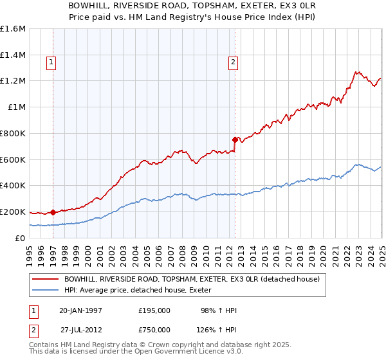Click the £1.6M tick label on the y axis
pos(13,29)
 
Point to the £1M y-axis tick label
pos(17,107)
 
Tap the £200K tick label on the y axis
pos(13,212)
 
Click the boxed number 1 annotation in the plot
pos(51,62)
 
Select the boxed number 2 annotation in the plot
pos(233,62)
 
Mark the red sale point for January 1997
pos(53,212)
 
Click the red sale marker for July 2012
pos(235,139)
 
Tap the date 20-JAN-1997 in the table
pos(80,310)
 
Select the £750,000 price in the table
pos(154,330)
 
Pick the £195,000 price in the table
pos(154,310)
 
